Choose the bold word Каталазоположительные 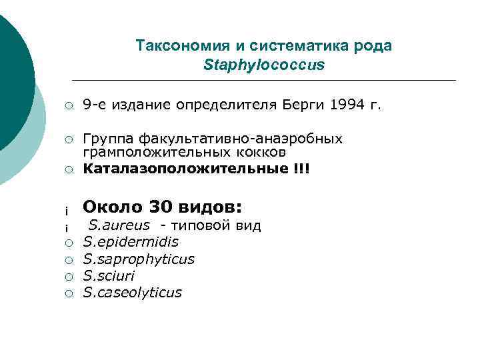184,168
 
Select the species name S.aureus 119,225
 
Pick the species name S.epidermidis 131,241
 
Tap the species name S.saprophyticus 138,259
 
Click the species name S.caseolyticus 132,292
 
